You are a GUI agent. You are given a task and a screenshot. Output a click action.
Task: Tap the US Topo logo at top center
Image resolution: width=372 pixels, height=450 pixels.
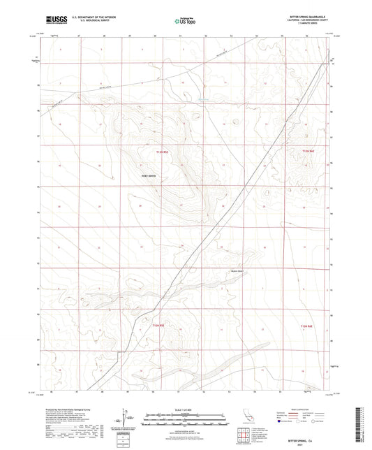185,22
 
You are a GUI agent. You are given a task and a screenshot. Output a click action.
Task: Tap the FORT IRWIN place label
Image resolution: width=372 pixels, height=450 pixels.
148,175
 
